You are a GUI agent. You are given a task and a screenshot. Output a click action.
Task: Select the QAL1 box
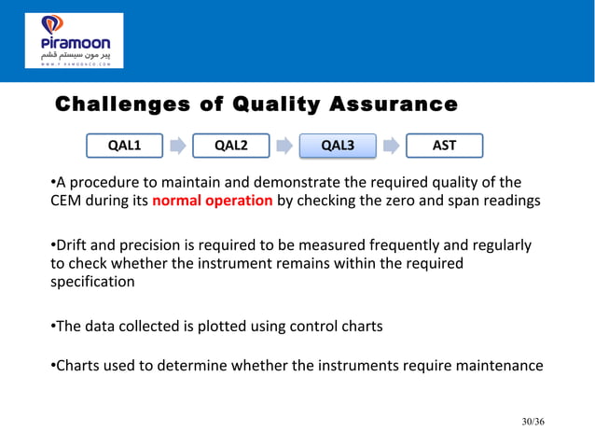click(124, 146)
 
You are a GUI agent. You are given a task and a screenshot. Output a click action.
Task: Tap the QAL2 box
click(230, 146)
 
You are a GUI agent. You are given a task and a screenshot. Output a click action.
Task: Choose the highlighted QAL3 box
click(338, 146)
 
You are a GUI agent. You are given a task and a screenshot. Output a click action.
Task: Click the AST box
click(444, 146)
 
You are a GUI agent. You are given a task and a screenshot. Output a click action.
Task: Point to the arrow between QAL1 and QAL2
click(177, 146)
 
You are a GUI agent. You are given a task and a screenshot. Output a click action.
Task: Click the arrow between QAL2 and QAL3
click(284, 146)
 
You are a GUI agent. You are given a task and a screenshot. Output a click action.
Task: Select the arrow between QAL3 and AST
click(391, 146)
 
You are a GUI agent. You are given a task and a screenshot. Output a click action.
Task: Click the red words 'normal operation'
click(212, 201)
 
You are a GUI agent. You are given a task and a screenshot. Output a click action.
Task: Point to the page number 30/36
click(533, 423)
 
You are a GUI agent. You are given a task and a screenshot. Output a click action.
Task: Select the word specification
click(92, 281)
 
